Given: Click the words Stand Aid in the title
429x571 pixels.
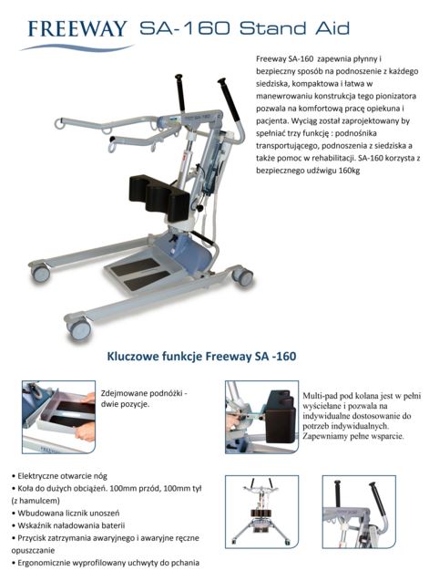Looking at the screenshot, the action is click(294, 28).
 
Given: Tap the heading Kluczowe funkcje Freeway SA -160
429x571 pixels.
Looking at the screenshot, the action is click(201, 356).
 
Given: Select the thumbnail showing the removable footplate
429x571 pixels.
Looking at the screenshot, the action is click(58, 417).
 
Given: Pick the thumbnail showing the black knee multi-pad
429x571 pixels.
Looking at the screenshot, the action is click(261, 417).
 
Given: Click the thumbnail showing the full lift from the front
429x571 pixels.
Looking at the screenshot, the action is click(261, 512).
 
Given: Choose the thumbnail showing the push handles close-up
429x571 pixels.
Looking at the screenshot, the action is click(359, 512).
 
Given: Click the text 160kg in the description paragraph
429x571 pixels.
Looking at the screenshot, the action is click(349, 171).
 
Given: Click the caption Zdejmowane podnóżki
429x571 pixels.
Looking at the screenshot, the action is click(144, 393).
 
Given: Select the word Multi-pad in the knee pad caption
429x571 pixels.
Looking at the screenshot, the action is click(319, 396).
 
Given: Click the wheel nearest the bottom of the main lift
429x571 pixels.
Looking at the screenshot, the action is click(79, 329).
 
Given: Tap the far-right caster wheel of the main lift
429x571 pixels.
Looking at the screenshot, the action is click(243, 277).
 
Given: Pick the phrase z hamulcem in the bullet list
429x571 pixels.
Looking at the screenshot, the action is click(36, 501).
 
